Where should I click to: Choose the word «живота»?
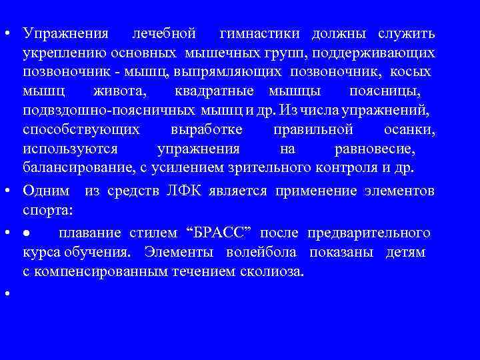tap(123, 90)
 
